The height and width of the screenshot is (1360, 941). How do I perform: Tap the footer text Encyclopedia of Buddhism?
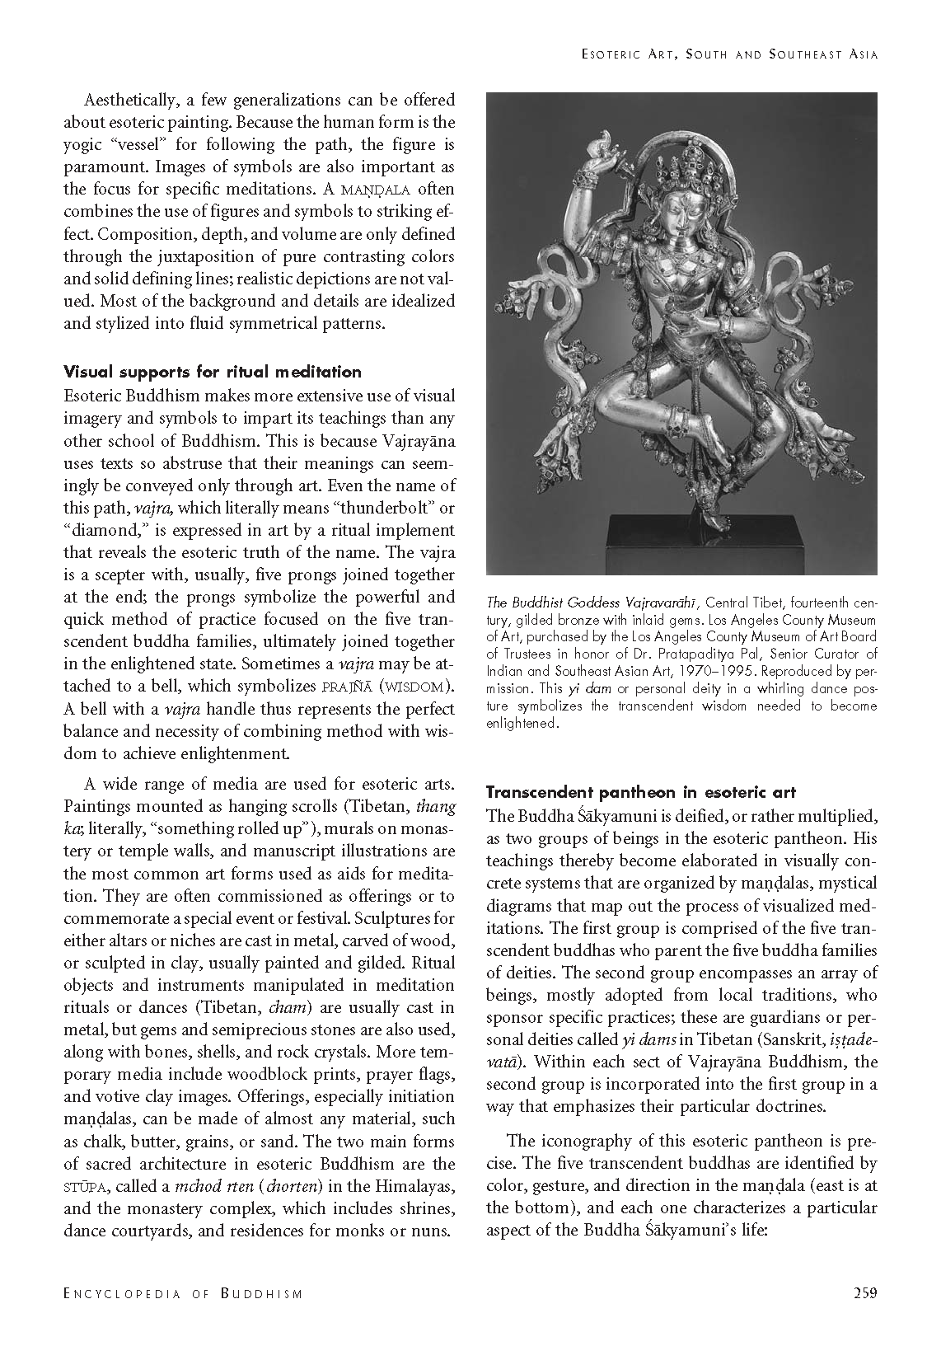(x=183, y=1293)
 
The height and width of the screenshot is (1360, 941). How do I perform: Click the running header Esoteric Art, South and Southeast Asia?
(x=728, y=54)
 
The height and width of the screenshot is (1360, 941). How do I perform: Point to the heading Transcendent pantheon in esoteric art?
(x=641, y=792)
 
